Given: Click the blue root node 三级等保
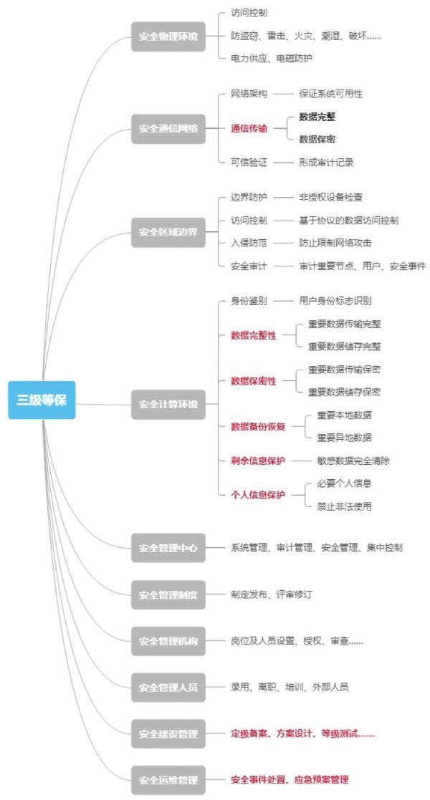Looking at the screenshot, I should pyautogui.click(x=42, y=400).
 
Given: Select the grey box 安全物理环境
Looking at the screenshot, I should pyautogui.click(x=168, y=36).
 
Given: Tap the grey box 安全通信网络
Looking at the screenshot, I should pyautogui.click(x=168, y=128).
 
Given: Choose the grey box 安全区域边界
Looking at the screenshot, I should pyautogui.click(x=168, y=231).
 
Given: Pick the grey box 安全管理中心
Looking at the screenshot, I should pyautogui.click(x=168, y=548).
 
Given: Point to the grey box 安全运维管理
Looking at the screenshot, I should pyautogui.click(x=168, y=779).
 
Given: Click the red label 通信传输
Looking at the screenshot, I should pyautogui.click(x=249, y=128).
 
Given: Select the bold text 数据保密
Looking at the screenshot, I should pyautogui.click(x=317, y=140).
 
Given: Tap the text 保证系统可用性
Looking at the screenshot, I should pyautogui.click(x=330, y=94).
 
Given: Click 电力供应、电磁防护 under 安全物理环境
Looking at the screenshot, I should pyautogui.click(x=271, y=58).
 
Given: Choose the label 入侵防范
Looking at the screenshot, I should pyautogui.click(x=249, y=243).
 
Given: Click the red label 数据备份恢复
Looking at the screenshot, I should pyautogui.click(x=258, y=427).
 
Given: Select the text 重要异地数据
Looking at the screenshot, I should pyautogui.click(x=344, y=438).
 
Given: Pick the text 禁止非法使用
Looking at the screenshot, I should pyautogui.click(x=344, y=506).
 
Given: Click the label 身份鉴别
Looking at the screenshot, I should pyautogui.click(x=249, y=301).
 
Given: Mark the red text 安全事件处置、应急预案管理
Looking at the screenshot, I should pyautogui.click(x=290, y=779).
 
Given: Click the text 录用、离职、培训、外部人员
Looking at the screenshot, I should pyautogui.click(x=290, y=687).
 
